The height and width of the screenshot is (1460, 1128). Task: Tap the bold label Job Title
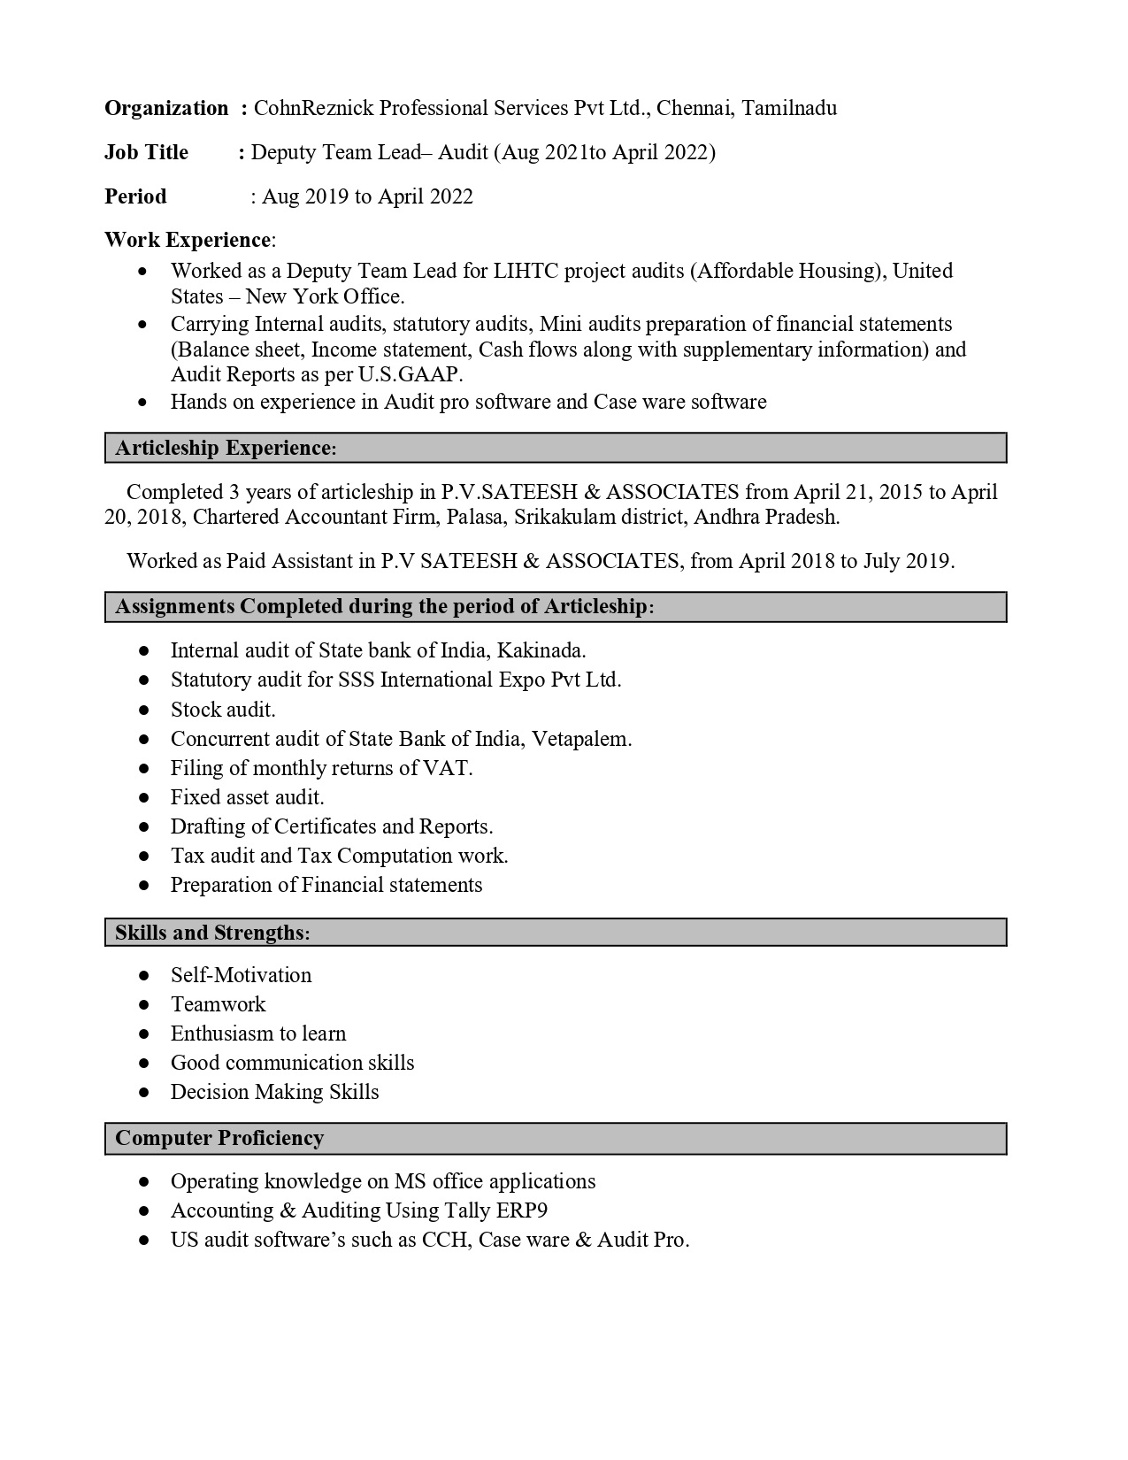[x=146, y=152]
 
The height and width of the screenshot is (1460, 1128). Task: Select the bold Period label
[x=135, y=196]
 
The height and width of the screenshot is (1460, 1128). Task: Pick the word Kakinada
[x=541, y=651]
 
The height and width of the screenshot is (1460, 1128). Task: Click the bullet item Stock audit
[x=223, y=710]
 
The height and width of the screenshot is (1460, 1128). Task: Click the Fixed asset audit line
[x=247, y=797]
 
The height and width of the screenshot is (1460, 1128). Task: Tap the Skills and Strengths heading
[x=212, y=933]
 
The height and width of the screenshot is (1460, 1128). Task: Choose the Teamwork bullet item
[x=218, y=1004]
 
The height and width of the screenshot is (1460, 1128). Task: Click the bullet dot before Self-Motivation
[x=144, y=975]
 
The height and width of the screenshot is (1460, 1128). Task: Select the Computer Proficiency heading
[x=219, y=1138]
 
